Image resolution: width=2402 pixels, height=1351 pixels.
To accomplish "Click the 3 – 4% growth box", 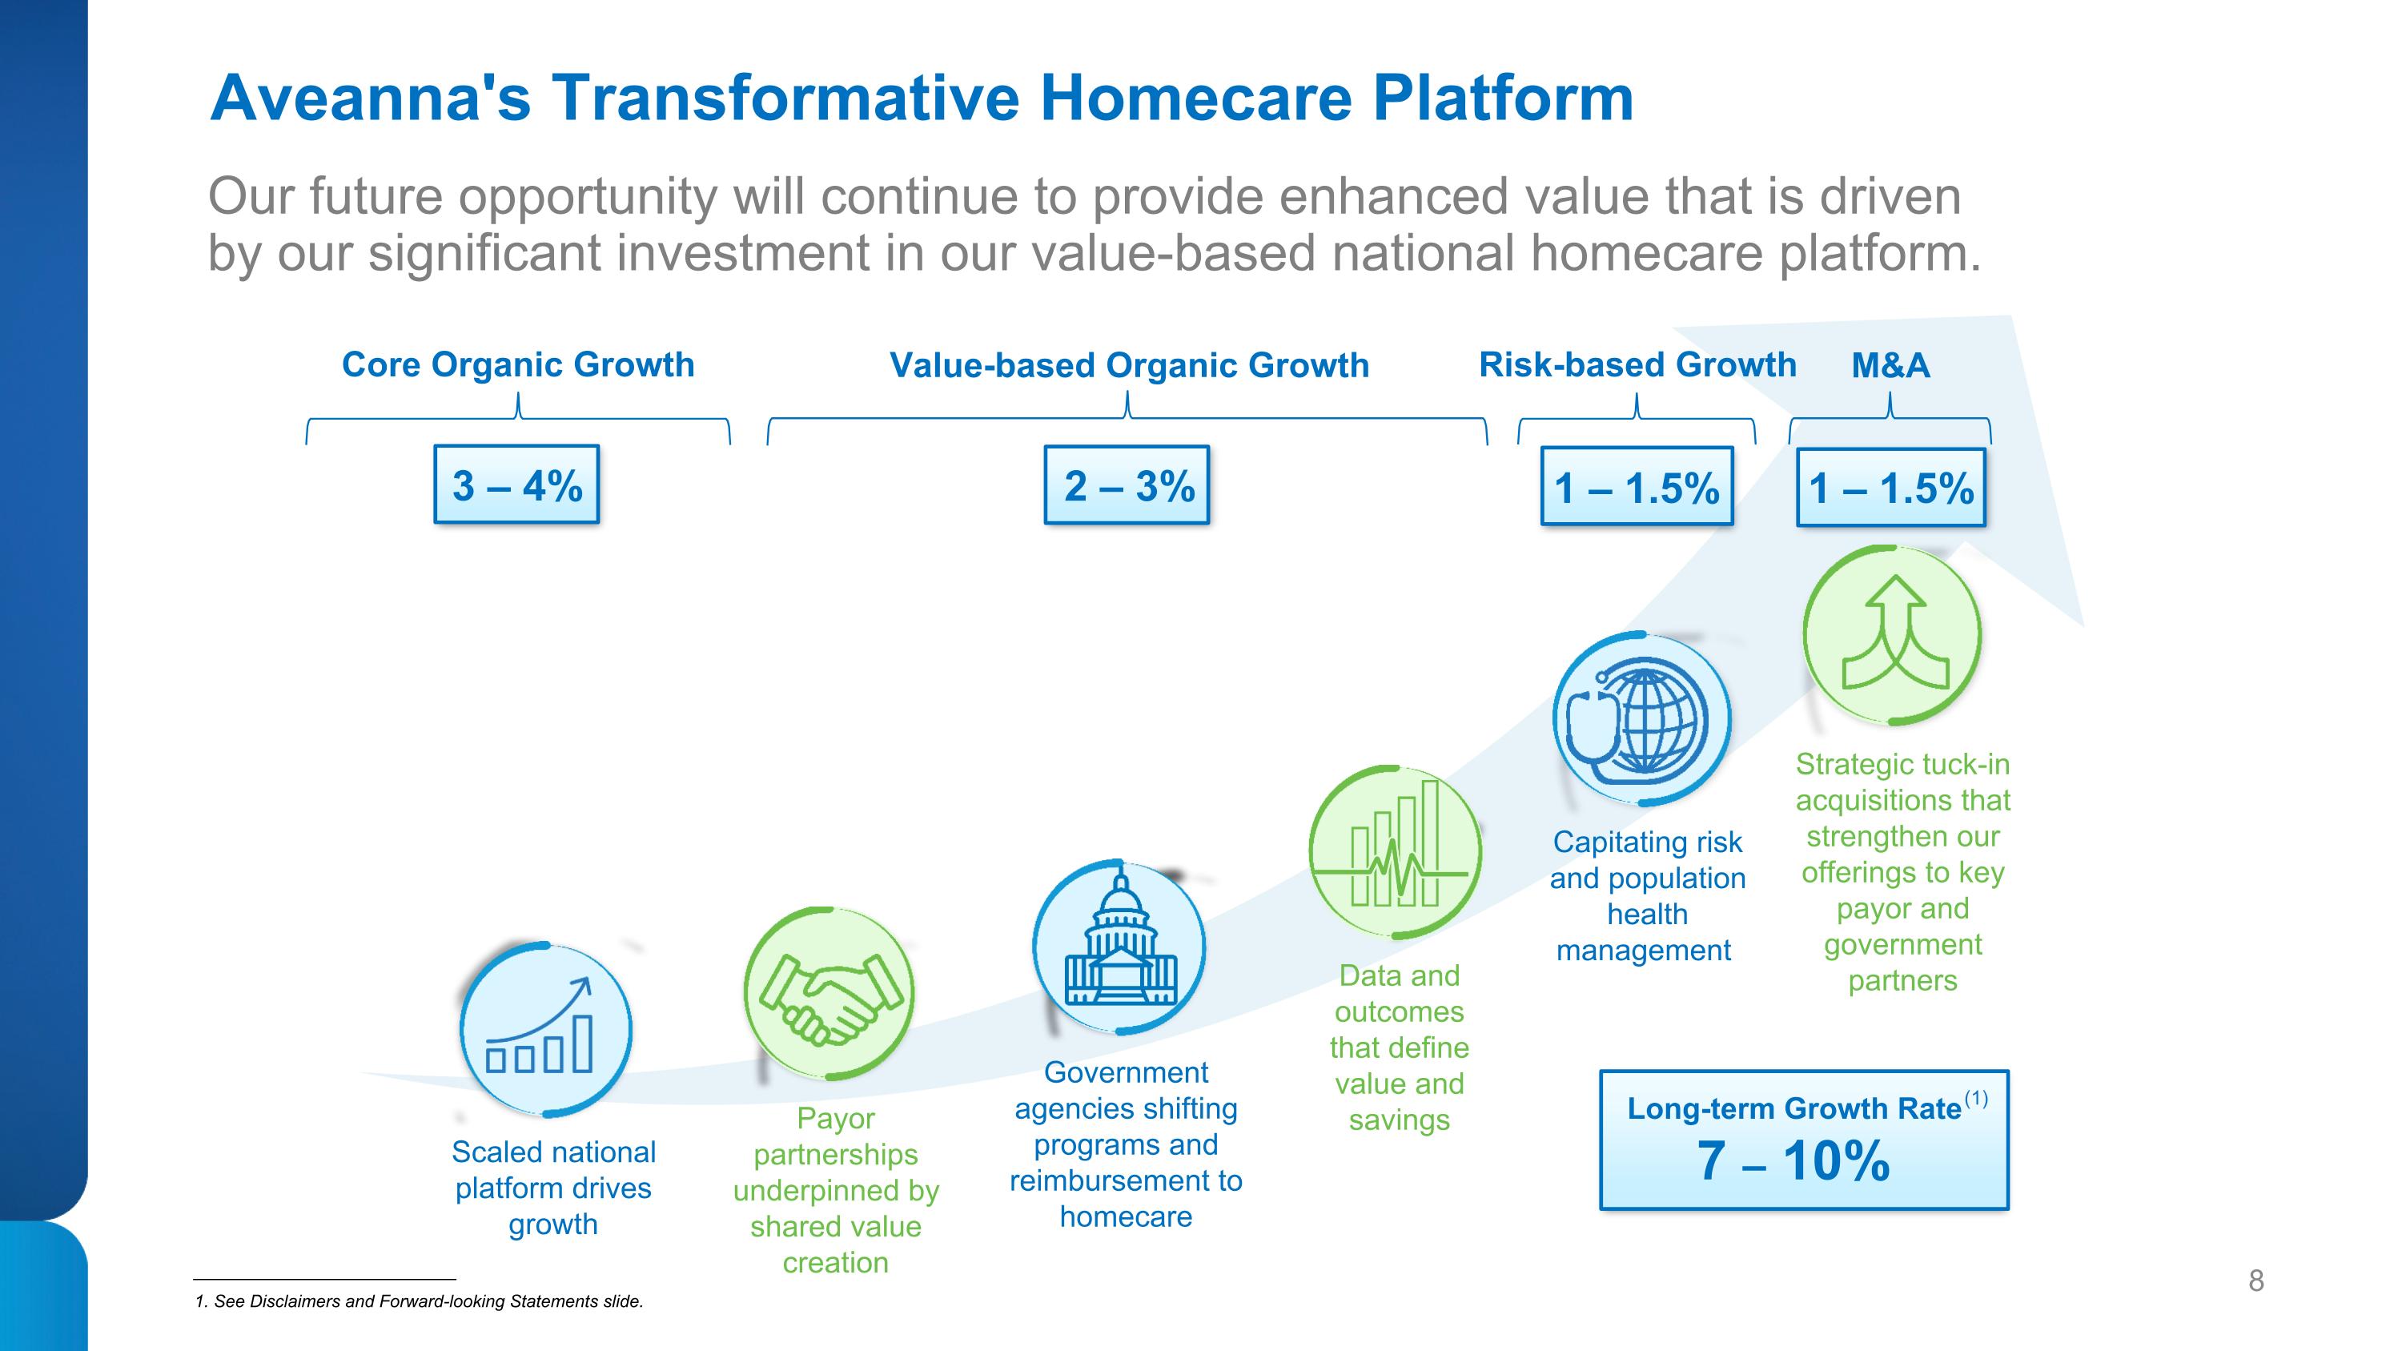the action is [x=516, y=484].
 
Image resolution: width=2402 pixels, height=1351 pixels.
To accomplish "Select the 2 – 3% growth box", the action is [x=1127, y=485].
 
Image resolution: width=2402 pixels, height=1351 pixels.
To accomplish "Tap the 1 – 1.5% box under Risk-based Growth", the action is [x=1637, y=487].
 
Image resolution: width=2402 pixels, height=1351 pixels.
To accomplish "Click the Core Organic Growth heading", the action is [x=519, y=364].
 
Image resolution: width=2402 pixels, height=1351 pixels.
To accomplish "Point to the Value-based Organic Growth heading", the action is [x=1129, y=365].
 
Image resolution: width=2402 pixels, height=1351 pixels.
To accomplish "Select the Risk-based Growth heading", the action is [x=1637, y=364].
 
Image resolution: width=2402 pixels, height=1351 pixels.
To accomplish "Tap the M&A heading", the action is [x=1891, y=365].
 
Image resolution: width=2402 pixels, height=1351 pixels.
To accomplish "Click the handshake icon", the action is [x=829, y=993].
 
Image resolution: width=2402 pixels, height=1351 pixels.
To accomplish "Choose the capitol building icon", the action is [x=1119, y=947].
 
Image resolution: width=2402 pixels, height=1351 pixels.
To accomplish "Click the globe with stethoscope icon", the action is [x=1642, y=719].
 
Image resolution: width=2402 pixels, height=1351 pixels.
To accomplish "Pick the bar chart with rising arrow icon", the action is [x=545, y=1029].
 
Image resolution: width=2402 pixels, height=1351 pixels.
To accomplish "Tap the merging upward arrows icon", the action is [x=1892, y=635].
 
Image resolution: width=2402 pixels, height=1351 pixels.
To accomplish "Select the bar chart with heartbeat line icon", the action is [x=1395, y=852].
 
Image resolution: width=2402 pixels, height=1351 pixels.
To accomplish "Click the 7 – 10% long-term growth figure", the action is [x=1793, y=1160].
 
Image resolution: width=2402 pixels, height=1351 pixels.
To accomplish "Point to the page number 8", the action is [x=2255, y=1281].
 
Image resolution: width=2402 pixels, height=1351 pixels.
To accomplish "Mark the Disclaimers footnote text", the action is [x=419, y=1301].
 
